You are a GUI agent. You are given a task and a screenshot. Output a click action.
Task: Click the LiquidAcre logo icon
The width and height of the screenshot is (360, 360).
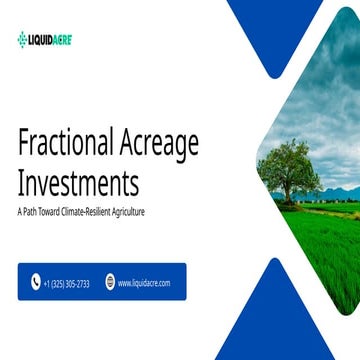coord(23,39)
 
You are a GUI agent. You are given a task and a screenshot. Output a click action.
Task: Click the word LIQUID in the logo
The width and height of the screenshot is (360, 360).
coord(42,39)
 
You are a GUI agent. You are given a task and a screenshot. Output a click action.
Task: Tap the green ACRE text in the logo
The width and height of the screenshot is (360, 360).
coord(63,39)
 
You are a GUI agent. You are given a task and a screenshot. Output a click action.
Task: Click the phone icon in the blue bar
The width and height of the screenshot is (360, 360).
coord(36,283)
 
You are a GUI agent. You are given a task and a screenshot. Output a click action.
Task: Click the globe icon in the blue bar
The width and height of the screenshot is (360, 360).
coord(110,283)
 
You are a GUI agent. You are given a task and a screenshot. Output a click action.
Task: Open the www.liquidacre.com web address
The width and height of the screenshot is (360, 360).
coord(144,283)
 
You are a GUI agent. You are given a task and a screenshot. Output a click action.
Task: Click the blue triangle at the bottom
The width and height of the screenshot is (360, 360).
coord(270,320)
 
